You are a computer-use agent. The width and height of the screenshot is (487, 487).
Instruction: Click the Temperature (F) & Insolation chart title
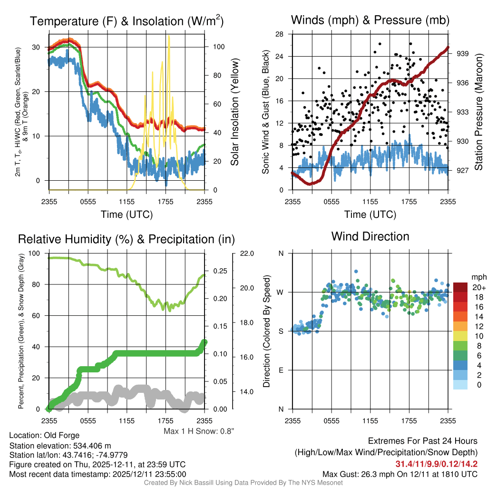[127, 21]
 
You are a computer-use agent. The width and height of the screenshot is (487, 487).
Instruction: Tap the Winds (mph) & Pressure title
[370, 20]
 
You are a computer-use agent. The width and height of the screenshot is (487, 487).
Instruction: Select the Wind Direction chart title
[370, 236]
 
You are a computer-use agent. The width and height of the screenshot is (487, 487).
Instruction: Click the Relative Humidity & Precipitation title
[126, 239]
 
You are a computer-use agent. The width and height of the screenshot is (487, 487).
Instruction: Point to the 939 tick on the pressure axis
[462, 54]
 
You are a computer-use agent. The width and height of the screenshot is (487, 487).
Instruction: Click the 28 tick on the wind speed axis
[280, 34]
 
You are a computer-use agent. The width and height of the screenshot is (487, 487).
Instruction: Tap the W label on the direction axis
[281, 292]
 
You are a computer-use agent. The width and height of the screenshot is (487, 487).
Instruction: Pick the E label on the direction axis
[281, 370]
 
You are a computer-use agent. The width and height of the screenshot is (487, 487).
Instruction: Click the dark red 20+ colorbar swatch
[461, 287]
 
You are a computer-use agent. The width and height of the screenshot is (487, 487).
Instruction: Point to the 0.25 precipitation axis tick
[219, 271]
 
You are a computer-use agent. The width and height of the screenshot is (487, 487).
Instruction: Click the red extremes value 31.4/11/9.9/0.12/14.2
[436, 463]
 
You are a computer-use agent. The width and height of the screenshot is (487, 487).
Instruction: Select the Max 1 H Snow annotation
[199, 431]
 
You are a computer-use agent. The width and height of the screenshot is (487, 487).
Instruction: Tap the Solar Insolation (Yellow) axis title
[234, 112]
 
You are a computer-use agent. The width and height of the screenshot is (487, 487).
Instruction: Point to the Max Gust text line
[399, 474]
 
